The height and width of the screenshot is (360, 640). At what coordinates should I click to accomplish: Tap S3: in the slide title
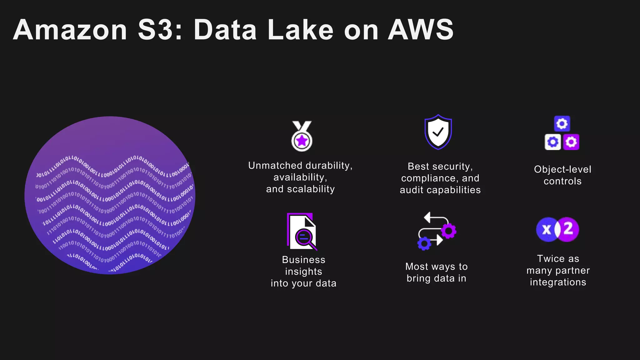click(160, 30)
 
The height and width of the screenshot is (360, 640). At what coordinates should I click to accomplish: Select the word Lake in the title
click(300, 30)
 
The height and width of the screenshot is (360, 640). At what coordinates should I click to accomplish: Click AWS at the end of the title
click(420, 30)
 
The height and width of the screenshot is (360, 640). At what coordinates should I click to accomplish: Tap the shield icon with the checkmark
click(438, 132)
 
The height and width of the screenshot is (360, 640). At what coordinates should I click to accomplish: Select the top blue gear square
click(562, 124)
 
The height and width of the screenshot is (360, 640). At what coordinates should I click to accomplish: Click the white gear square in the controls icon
click(553, 142)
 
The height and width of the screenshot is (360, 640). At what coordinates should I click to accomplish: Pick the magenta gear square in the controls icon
click(571, 142)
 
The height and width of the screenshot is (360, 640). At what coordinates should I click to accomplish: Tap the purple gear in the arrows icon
click(448, 231)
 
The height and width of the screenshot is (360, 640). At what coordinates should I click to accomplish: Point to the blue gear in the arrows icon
click(424, 243)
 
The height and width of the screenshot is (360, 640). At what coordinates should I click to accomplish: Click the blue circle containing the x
click(546, 230)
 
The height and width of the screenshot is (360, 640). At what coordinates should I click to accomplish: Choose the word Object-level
click(562, 169)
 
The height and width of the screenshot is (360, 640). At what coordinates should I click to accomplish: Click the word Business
click(303, 260)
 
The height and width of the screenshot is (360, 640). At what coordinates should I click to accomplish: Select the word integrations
click(558, 282)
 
